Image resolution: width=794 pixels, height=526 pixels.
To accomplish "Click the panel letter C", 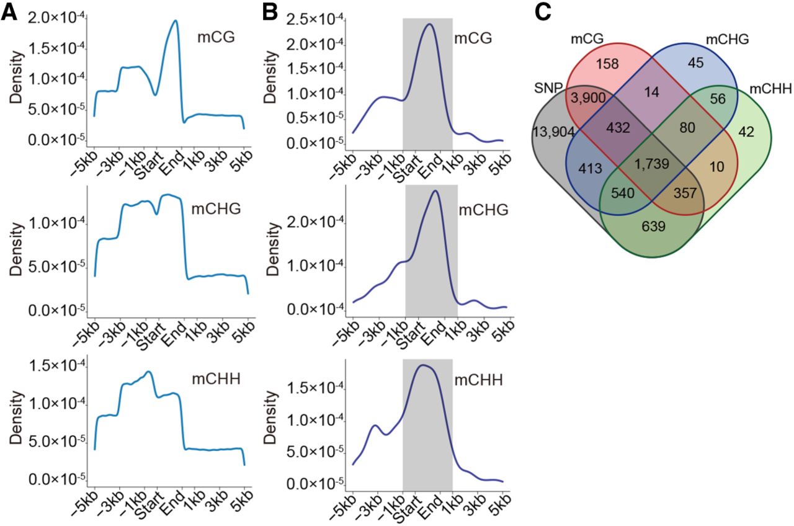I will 543,14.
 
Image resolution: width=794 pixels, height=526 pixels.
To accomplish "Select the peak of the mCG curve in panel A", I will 176,20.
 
